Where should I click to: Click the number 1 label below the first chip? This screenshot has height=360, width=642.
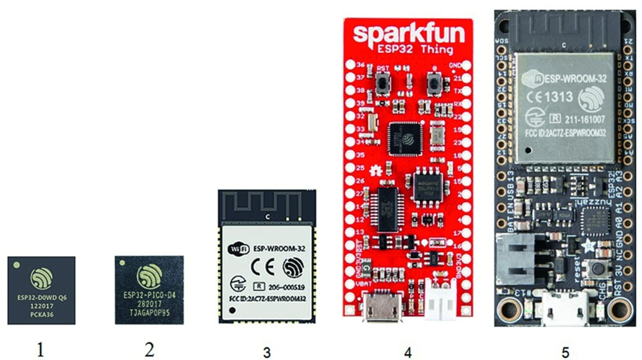click(x=40, y=349)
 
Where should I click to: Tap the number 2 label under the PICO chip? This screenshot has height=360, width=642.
click(x=149, y=349)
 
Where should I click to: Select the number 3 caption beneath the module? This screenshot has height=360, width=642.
click(x=267, y=352)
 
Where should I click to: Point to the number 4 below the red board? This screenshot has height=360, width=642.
click(x=408, y=352)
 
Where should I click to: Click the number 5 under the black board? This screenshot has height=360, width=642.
click(x=565, y=352)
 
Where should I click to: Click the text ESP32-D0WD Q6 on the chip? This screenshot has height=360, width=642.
click(x=41, y=297)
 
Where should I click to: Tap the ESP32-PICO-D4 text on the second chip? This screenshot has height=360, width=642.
click(x=149, y=296)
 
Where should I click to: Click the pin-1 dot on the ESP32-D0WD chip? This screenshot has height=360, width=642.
click(x=17, y=263)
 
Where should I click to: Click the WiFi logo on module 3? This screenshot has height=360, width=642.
click(x=236, y=248)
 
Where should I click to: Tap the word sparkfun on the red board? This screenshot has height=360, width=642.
click(x=408, y=34)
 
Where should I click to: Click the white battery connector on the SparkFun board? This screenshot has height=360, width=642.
click(x=440, y=305)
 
